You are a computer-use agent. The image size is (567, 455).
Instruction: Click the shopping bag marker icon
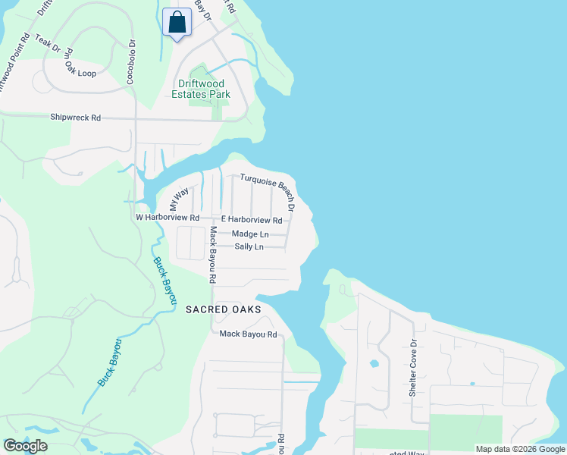coord(177,22)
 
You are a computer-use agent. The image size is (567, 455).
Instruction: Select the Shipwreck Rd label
coord(75,118)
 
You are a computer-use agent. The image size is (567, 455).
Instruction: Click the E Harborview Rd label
coord(251,220)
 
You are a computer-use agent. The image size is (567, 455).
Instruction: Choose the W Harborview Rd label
coord(167,218)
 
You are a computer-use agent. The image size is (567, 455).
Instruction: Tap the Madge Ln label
coord(250,234)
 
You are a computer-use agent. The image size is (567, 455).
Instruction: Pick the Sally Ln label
coord(249,247)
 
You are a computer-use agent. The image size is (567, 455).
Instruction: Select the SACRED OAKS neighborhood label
coord(224,310)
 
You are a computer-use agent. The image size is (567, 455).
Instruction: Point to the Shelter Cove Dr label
coord(413,368)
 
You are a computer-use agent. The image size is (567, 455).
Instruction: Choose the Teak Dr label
coord(47,42)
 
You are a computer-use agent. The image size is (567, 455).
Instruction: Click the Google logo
coord(25,446)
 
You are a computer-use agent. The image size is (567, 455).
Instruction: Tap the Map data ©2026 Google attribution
coord(520,449)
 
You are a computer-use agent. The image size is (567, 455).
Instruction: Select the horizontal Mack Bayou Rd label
coord(248,334)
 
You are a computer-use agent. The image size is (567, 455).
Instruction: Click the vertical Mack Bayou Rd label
coord(213,255)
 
